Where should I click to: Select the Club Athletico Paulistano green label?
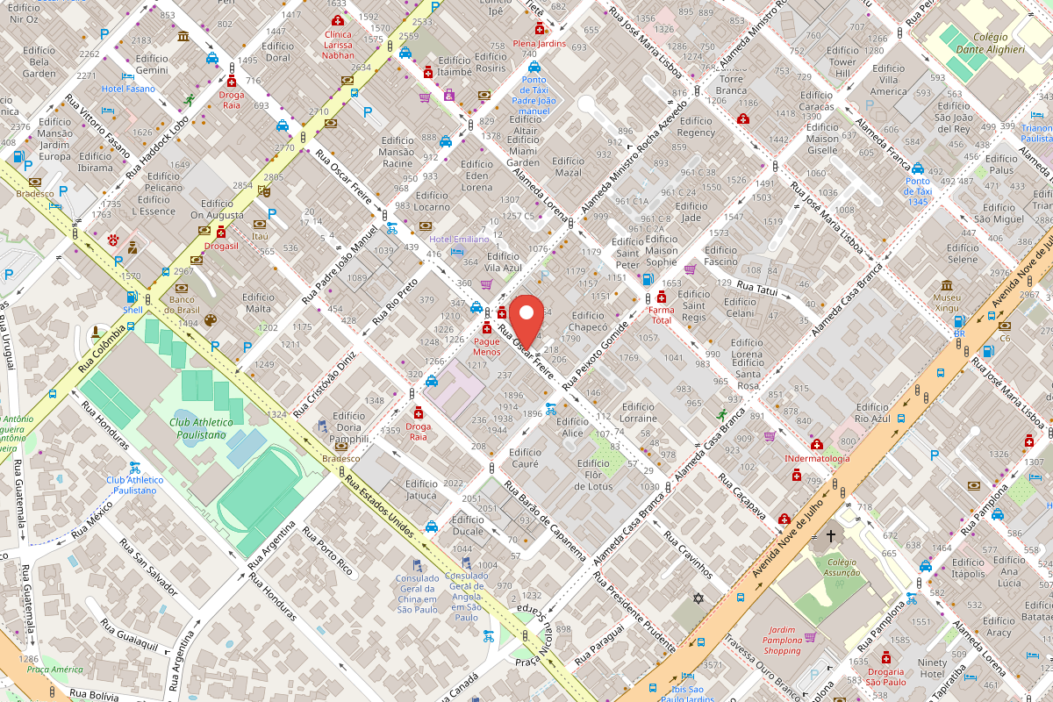197,428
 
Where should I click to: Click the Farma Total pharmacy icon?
661,297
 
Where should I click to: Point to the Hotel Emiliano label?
459,239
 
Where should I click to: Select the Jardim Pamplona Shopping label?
783,646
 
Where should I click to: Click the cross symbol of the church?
830,535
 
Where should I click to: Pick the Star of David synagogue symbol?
698,598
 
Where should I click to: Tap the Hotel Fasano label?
128,89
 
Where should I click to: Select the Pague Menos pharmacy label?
486,346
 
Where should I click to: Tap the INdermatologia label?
817,458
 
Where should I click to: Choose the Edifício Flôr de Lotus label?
594,475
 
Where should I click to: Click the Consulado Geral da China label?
417,593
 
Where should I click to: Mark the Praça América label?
48,670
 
